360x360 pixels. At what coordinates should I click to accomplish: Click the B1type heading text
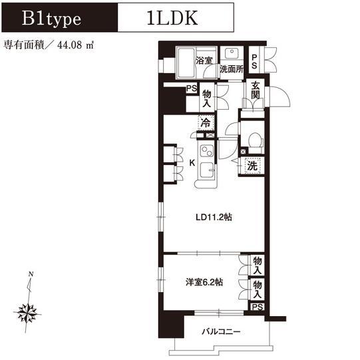pyautogui.click(x=51, y=19)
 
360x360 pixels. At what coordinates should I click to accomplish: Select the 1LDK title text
pyautogui.click(x=172, y=18)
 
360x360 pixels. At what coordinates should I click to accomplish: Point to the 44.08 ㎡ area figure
pyautogui.click(x=76, y=45)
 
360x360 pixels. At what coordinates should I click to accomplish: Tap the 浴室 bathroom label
pyautogui.click(x=204, y=61)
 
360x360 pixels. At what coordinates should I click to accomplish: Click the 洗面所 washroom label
pyautogui.click(x=232, y=69)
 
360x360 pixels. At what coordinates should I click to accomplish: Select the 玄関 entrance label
pyautogui.click(x=256, y=90)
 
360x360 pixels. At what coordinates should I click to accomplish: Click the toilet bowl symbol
pyautogui.click(x=256, y=140)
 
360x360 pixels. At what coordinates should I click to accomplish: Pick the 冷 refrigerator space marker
pyautogui.click(x=206, y=122)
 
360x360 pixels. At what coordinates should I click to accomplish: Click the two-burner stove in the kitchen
pyautogui.click(x=207, y=151)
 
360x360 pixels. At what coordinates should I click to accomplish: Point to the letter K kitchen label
pyautogui.click(x=192, y=163)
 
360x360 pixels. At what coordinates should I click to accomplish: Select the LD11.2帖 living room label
pyautogui.click(x=214, y=217)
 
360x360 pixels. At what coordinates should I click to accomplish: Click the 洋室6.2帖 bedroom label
pyautogui.click(x=204, y=282)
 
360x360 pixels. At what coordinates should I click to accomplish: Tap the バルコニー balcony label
pyautogui.click(x=221, y=331)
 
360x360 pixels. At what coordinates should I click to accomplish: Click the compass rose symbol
pyautogui.click(x=27, y=313)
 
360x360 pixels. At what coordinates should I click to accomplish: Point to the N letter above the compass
pyautogui.click(x=31, y=274)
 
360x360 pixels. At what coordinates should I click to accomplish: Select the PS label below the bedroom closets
pyautogui.click(x=257, y=307)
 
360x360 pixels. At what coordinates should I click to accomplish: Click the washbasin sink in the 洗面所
pyautogui.click(x=232, y=53)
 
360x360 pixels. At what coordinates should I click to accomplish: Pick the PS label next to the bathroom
pyautogui.click(x=254, y=61)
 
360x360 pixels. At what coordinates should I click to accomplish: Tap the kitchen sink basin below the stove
pyautogui.click(x=207, y=170)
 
